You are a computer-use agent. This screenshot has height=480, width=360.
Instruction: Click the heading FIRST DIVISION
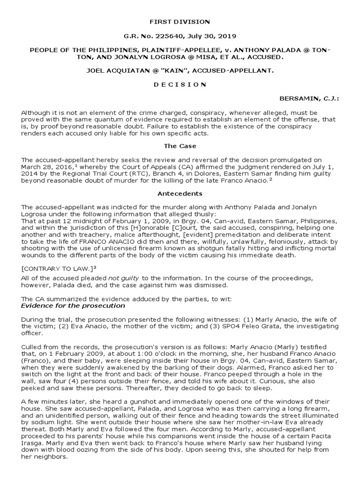180,22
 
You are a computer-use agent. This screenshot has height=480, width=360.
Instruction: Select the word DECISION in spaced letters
180,84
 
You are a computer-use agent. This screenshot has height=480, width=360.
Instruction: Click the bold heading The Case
180,146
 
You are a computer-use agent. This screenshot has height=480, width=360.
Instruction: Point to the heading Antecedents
180,193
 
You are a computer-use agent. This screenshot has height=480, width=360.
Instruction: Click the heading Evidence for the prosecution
74,306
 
